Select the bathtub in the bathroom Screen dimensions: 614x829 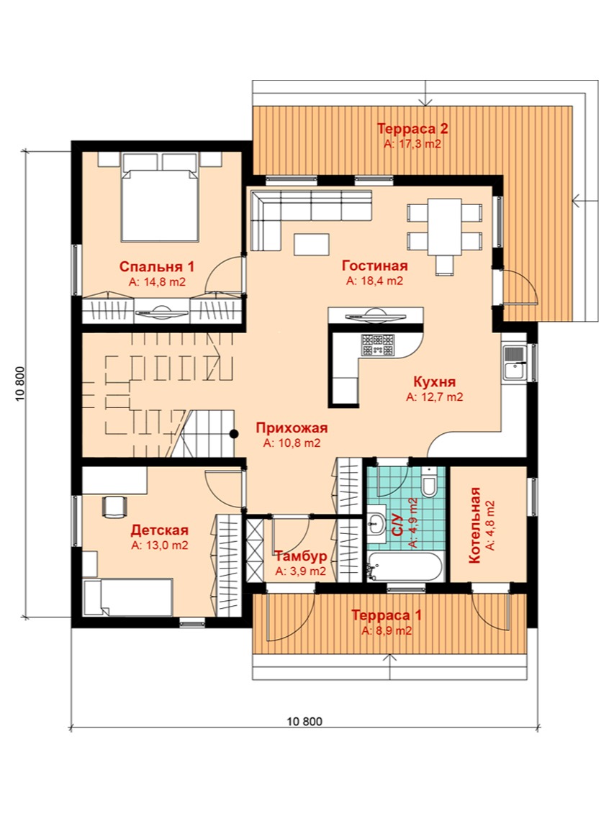405,566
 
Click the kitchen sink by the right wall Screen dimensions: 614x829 513,362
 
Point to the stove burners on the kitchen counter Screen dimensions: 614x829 378,345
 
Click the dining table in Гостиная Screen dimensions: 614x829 444,226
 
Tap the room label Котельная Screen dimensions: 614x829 474,525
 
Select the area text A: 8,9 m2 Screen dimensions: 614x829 387,630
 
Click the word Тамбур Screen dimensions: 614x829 300,556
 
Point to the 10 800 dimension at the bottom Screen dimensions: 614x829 304,721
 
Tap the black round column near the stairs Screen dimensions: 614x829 233,434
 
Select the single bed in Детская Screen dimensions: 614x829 129,597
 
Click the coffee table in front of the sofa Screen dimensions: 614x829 312,245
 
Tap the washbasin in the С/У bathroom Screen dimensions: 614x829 376,523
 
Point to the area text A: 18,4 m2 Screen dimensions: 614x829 374,281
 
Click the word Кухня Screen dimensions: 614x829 434,381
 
